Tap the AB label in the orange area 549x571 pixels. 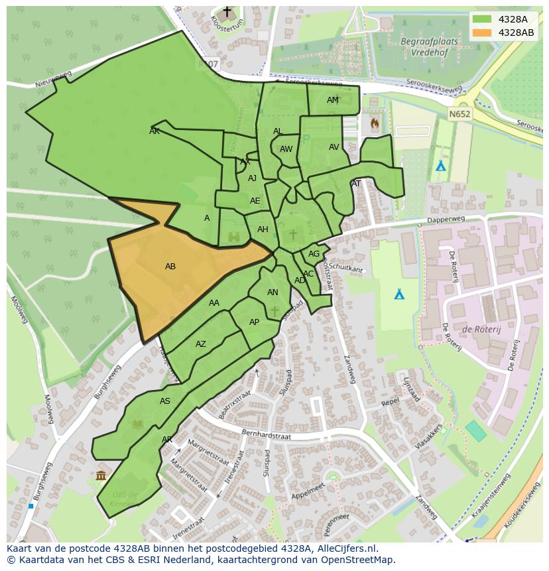(x=170, y=267)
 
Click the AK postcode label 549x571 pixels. (x=154, y=131)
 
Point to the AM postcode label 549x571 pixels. (x=333, y=100)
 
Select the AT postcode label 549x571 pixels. (x=356, y=184)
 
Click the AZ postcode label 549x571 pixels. (x=201, y=344)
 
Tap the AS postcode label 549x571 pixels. (x=165, y=401)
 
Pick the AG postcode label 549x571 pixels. (x=314, y=254)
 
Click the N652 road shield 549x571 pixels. (x=459, y=114)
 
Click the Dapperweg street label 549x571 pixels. (x=446, y=219)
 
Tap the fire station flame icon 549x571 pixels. (x=375, y=123)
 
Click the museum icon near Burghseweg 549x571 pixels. (x=101, y=475)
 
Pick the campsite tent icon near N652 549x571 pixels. (x=440, y=166)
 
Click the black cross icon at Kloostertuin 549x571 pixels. (x=227, y=12)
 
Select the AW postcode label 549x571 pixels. (x=286, y=149)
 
